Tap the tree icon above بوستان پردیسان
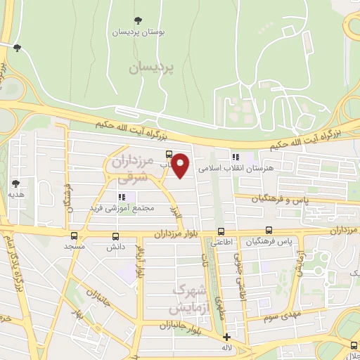click(134, 20)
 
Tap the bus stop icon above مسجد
click(75, 236)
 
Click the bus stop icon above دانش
click(115, 236)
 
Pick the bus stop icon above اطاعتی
click(221, 231)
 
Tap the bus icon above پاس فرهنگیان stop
click(269, 230)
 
